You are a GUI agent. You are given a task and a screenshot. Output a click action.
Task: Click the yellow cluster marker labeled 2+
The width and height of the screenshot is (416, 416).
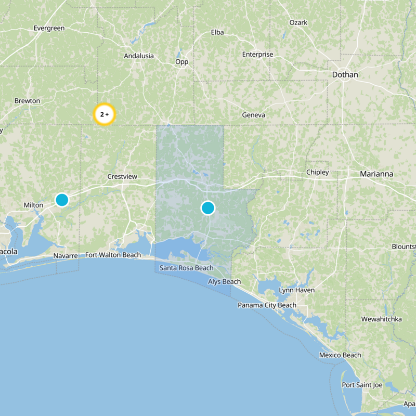pyautogui.click(x=104, y=114)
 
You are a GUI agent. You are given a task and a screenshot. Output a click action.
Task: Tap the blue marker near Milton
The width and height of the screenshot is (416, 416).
pyautogui.click(x=62, y=200)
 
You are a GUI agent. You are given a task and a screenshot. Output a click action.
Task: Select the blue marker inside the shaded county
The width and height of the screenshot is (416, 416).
pyautogui.click(x=207, y=208)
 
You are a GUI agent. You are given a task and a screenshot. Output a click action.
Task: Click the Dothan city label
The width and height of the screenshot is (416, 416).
pyautogui.click(x=345, y=75)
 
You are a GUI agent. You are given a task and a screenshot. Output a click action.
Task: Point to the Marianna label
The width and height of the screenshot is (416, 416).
pyautogui.click(x=376, y=174)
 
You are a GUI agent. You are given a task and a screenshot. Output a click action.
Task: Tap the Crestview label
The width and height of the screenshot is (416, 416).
pyautogui.click(x=122, y=177)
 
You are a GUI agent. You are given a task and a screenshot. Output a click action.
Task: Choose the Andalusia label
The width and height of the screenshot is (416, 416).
pyautogui.click(x=139, y=56)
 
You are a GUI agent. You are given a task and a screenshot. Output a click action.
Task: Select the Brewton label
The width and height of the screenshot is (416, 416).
pyautogui.click(x=27, y=101)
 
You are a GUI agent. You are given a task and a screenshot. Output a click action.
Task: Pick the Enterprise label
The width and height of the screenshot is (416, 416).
pyautogui.click(x=257, y=55)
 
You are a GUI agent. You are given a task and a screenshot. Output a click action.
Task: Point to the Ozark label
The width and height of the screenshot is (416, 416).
pyautogui.click(x=298, y=23)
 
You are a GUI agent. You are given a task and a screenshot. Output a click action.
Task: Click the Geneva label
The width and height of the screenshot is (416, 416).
pyautogui.click(x=254, y=115)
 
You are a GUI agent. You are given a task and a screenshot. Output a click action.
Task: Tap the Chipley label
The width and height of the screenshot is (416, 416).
pyautogui.click(x=317, y=172)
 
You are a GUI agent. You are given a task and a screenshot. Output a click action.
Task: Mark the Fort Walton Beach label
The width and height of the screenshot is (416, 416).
pyautogui.click(x=113, y=255)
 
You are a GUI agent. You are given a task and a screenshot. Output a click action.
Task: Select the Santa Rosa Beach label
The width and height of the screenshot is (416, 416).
pyautogui.click(x=186, y=268)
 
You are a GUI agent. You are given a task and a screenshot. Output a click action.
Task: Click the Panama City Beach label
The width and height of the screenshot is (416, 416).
pyautogui.click(x=267, y=305)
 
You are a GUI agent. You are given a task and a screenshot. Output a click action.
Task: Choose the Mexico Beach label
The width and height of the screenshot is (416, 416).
pyautogui.click(x=340, y=355)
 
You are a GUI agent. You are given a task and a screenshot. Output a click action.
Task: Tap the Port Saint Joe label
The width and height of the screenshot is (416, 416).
pyautogui.click(x=362, y=385)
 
